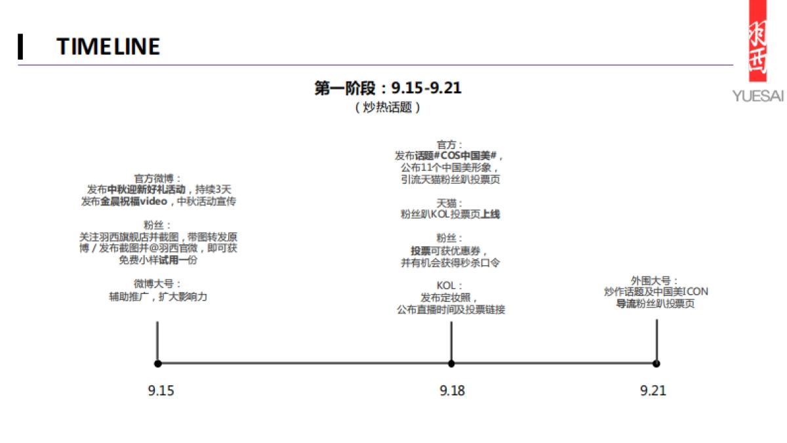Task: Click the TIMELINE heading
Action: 108,46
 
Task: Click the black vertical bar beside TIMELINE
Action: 20,46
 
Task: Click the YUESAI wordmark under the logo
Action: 758,97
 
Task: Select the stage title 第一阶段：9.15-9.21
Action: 388,88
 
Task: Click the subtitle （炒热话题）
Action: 388,107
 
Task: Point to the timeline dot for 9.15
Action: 157,363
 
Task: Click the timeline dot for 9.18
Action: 451,363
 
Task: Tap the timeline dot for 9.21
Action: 656,363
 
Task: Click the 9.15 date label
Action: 161,390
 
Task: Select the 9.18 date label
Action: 452,390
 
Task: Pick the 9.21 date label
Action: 653,390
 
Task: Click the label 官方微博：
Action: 158,178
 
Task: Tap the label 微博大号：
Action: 158,284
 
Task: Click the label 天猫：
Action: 451,203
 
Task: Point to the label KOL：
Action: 451,285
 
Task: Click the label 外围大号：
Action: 656,280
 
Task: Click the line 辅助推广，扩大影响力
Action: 158,296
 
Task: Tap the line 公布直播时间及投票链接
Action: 451,310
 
